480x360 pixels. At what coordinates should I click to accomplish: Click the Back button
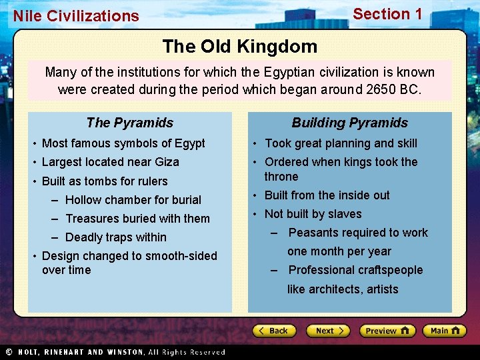click(273, 331)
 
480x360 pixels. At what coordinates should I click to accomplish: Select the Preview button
click(387, 331)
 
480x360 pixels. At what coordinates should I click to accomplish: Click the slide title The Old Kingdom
click(239, 46)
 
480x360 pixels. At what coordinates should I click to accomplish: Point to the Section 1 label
click(387, 14)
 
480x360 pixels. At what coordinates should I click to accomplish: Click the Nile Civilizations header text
click(76, 16)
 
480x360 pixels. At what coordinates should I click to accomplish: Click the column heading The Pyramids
click(129, 123)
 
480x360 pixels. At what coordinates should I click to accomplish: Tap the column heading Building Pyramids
click(349, 123)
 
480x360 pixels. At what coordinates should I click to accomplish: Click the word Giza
click(165, 162)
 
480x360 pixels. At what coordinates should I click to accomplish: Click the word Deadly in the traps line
click(83, 237)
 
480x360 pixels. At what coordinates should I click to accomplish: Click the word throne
click(281, 177)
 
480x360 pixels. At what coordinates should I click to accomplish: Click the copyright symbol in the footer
click(9, 352)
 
